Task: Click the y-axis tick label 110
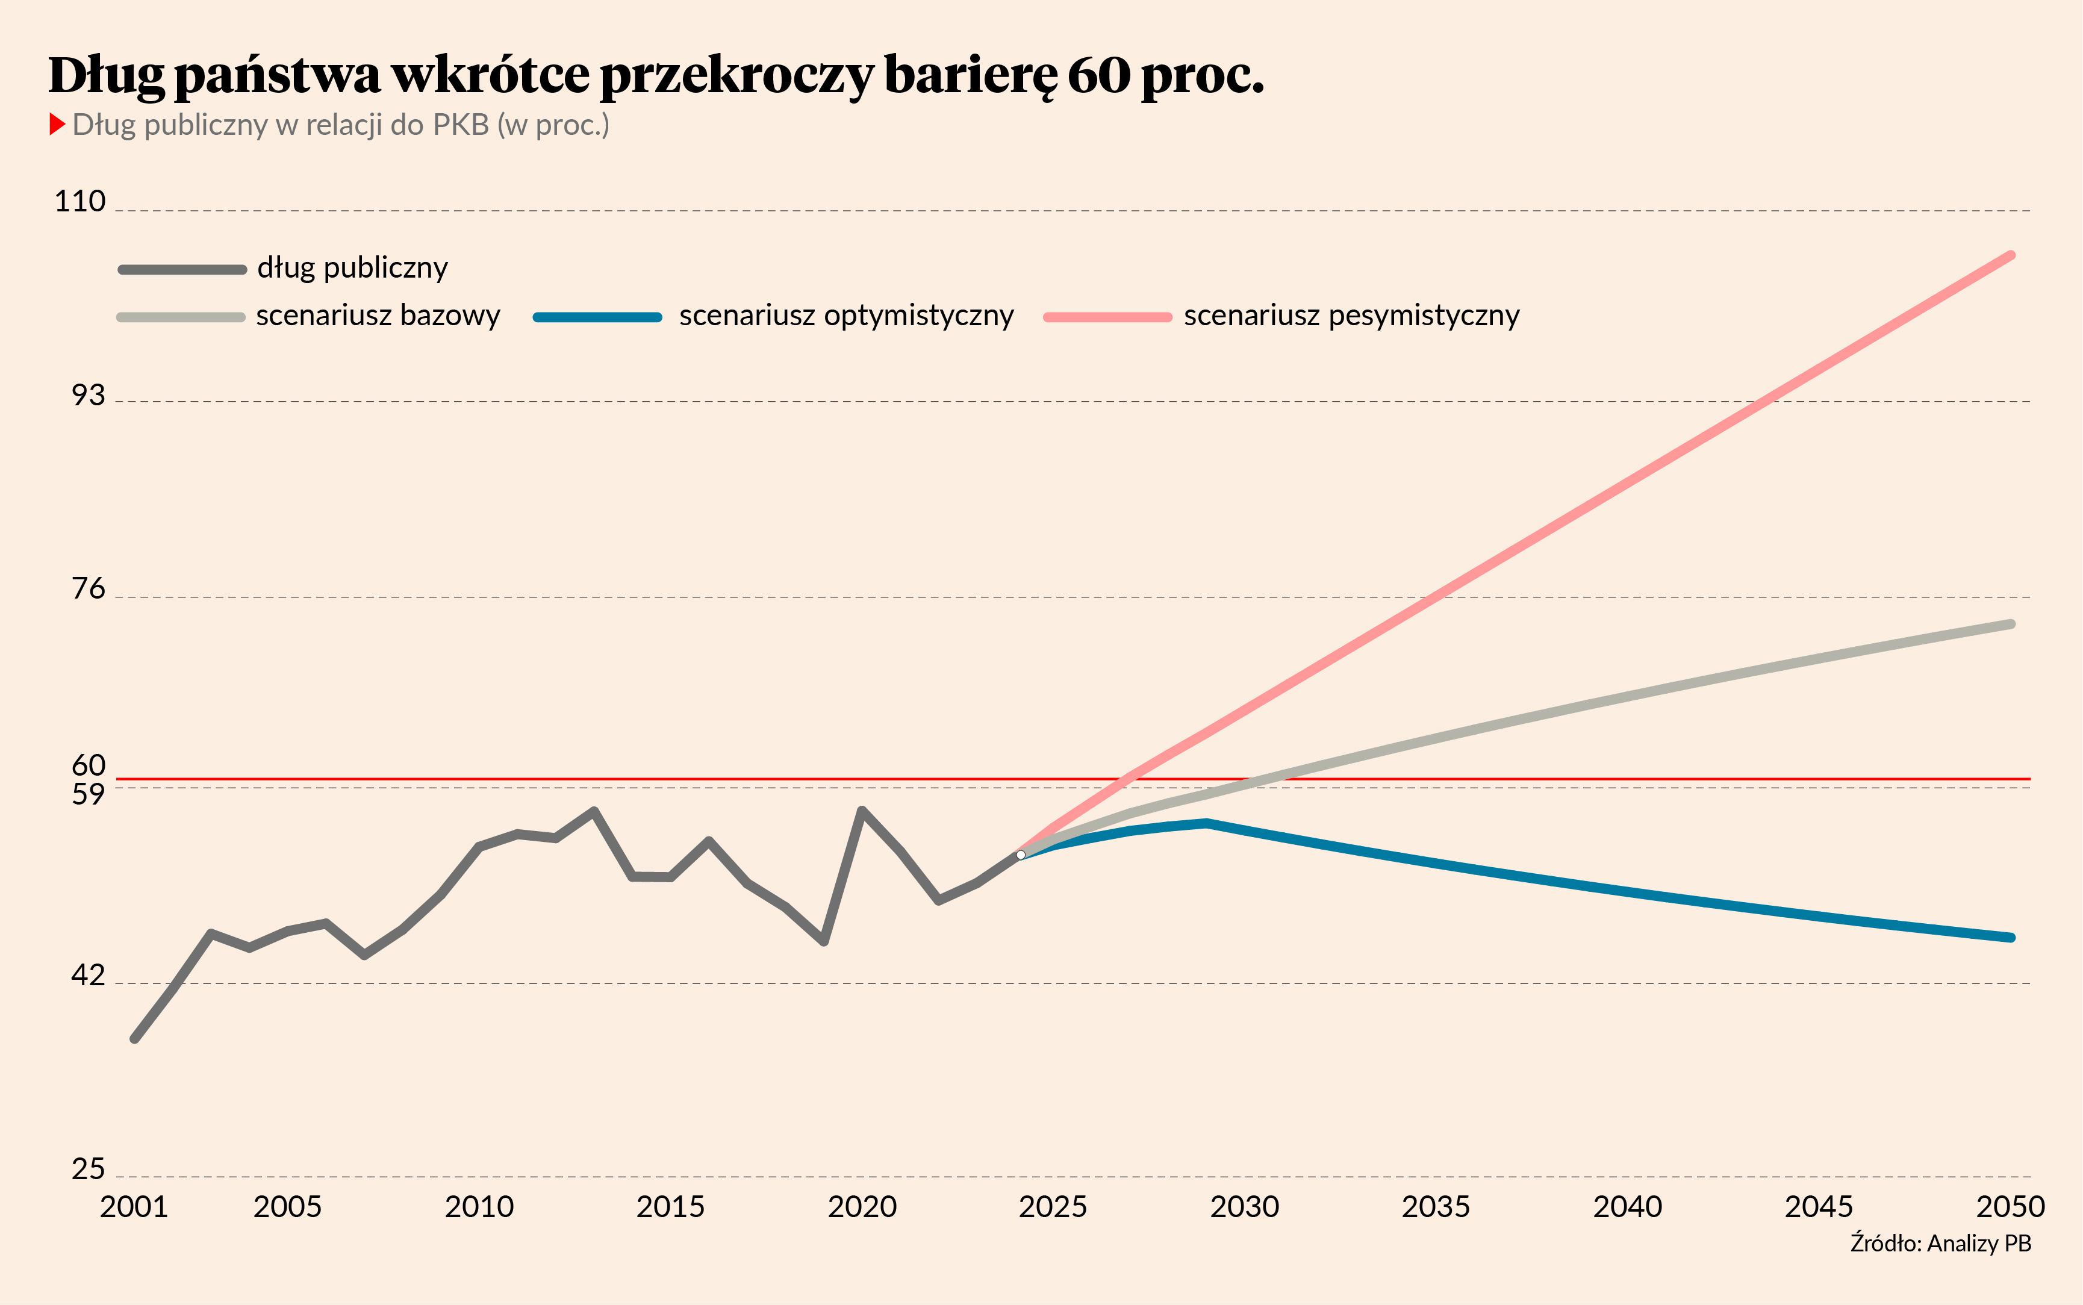79,201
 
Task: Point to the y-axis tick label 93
87,395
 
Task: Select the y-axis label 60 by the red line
88,765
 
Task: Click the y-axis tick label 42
87,976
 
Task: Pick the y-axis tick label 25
87,1170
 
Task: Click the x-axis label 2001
134,1207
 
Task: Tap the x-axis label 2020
862,1207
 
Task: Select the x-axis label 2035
1436,1207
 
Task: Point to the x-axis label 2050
2011,1207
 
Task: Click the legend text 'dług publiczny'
353,267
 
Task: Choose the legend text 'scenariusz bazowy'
378,316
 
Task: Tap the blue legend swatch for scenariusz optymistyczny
597,317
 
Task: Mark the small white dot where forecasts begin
1021,855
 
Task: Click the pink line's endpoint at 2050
2011,255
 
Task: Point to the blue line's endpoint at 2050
2011,937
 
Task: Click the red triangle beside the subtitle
57,124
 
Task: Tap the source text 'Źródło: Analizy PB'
1941,1244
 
